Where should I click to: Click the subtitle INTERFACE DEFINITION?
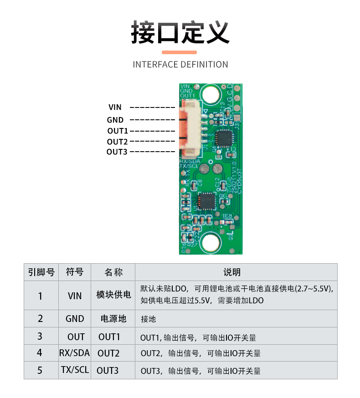pyautogui.click(x=180, y=65)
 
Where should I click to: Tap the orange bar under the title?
pyautogui.click(x=180, y=52)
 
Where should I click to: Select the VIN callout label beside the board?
pyautogui.click(x=115, y=107)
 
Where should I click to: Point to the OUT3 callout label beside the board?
pyautogui.click(x=117, y=152)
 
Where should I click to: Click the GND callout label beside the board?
pyautogui.click(x=115, y=120)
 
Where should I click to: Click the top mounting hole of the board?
pyautogui.click(x=210, y=95)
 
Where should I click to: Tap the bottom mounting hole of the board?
pyautogui.click(x=211, y=242)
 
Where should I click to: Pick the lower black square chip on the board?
pyautogui.click(x=207, y=201)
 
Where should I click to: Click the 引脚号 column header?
pyautogui.click(x=41, y=272)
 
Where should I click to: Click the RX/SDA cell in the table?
pyautogui.click(x=75, y=353)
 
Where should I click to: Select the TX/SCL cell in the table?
pyautogui.click(x=75, y=370)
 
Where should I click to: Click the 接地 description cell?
pyautogui.click(x=149, y=319)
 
